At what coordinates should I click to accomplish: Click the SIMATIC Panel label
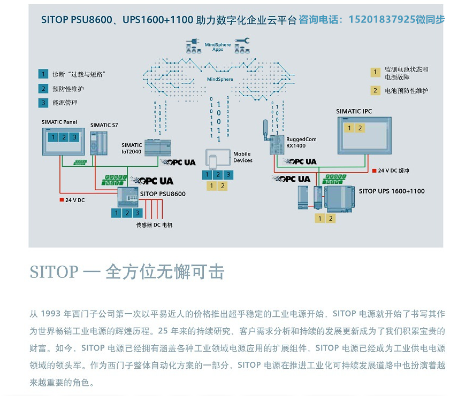[x=59, y=122]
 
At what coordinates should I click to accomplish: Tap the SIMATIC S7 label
[x=104, y=125]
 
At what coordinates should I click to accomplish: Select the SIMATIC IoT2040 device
[x=158, y=147]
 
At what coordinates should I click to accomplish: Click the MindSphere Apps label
[x=218, y=47]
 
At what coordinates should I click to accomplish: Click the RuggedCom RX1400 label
[x=301, y=142]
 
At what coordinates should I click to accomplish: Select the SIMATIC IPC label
[x=354, y=111]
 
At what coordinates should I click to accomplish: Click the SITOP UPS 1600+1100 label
[x=392, y=191]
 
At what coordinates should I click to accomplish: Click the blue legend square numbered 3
[x=43, y=103]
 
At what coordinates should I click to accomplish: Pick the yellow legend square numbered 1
[x=376, y=72]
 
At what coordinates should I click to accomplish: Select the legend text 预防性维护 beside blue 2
[x=68, y=89]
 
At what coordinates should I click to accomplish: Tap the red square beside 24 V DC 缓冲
[x=374, y=170]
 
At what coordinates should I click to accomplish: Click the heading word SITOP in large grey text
[x=54, y=272]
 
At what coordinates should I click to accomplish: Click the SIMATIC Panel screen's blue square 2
[x=64, y=137]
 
